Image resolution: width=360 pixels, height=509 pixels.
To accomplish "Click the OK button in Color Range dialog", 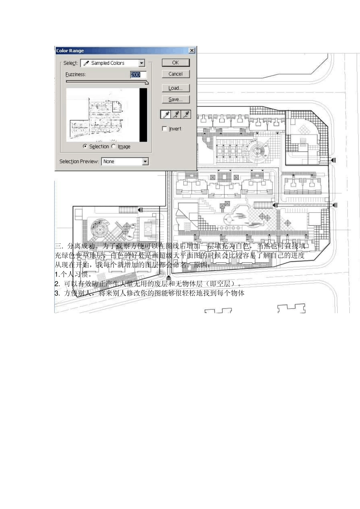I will pyautogui.click(x=175, y=63).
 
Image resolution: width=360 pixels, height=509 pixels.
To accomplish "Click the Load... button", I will pyautogui.click(x=175, y=88).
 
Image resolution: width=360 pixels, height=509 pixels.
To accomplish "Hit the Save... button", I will pyautogui.click(x=175, y=100).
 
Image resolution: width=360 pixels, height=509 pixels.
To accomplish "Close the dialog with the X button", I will pyautogui.click(x=192, y=50).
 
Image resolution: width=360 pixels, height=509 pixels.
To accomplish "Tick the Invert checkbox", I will pyautogui.click(x=164, y=129).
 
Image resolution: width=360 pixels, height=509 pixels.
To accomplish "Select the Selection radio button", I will pyautogui.click(x=85, y=147).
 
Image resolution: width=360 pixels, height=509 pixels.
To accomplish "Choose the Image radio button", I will pyautogui.click(x=113, y=147).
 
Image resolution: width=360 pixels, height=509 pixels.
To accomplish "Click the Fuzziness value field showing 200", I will pyautogui.click(x=138, y=75).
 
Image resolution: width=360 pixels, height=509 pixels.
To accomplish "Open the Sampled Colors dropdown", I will pyautogui.click(x=141, y=63).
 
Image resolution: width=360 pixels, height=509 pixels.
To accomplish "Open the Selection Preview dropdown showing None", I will pyautogui.click(x=145, y=162).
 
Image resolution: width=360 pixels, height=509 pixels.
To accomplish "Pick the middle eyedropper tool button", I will pyautogui.click(x=176, y=114).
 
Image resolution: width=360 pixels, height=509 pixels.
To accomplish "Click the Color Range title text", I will pyautogui.click(x=70, y=51).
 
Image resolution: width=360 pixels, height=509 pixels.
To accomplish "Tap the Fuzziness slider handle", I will pyautogui.click(x=147, y=83).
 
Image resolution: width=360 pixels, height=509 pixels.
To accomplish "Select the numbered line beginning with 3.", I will pyautogui.click(x=150, y=293).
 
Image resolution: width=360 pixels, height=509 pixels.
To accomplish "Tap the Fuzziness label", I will pyautogui.click(x=76, y=75).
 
